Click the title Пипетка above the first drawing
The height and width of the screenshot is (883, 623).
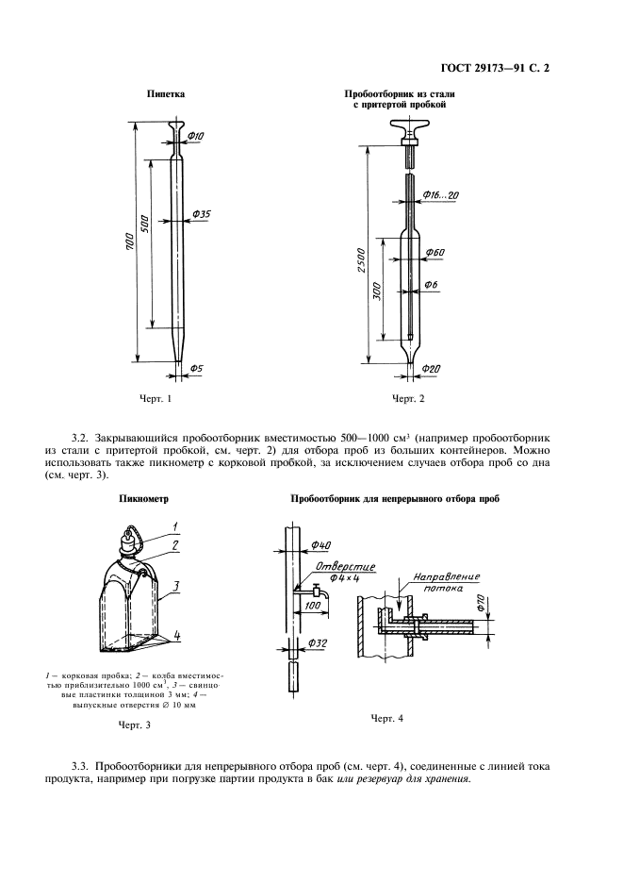coord(166,94)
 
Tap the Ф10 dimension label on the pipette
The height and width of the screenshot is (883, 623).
coord(196,138)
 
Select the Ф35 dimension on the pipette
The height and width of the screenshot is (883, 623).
coord(201,215)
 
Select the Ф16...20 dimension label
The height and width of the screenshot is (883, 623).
coord(439,195)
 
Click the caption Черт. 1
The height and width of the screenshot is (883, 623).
coord(156,399)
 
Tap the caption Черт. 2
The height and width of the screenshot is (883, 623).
coord(408,399)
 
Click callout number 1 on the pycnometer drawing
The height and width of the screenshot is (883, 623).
coord(174,525)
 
